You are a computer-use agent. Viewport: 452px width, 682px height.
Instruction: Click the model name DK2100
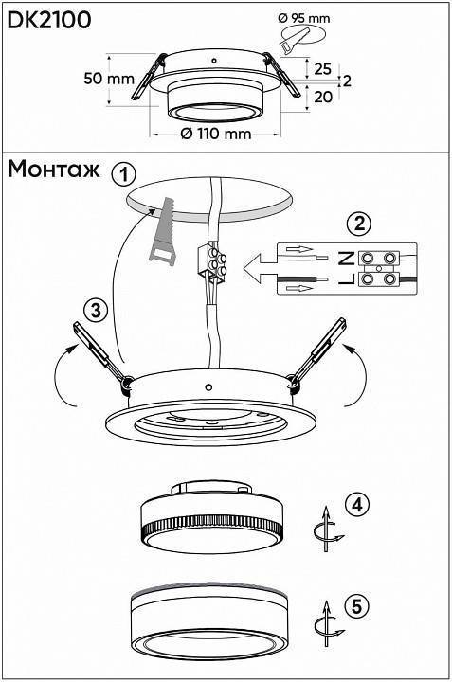point(49,20)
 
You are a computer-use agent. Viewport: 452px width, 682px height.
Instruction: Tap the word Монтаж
point(54,170)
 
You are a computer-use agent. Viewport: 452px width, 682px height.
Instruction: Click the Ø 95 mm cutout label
point(303,18)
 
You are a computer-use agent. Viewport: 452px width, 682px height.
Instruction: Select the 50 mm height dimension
point(109,79)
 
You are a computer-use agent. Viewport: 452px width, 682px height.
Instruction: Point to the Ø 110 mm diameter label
point(216,134)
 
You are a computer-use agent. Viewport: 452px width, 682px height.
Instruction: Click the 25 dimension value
point(323,69)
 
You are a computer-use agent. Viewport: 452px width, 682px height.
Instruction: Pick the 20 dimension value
point(323,97)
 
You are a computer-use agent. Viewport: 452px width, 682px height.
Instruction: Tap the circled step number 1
point(123,175)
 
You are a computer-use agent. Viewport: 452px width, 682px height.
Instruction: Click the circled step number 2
point(359,224)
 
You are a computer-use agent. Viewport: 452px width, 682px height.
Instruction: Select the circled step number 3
point(96,311)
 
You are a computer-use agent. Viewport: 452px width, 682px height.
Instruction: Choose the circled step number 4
point(356,505)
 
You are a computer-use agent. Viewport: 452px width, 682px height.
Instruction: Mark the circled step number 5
point(356,606)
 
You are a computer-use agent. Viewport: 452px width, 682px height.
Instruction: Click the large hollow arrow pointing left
point(260,269)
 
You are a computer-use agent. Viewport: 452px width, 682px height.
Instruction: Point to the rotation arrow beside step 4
point(328,529)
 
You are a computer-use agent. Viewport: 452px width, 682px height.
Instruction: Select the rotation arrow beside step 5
point(328,624)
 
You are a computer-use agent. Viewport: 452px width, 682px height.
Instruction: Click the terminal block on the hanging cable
point(211,262)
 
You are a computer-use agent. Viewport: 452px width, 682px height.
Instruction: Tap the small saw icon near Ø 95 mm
point(294,42)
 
